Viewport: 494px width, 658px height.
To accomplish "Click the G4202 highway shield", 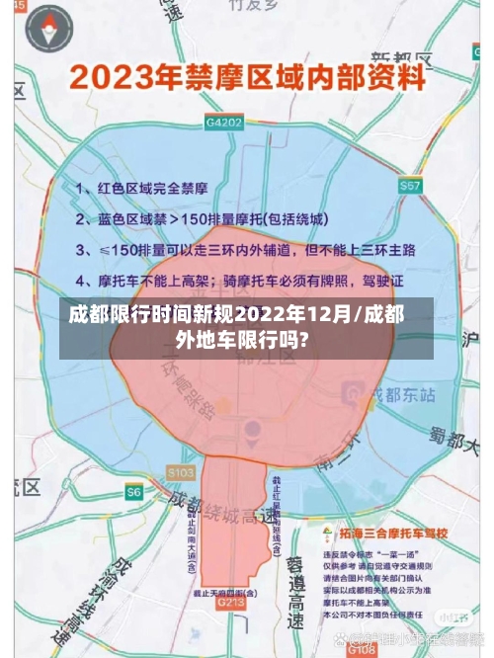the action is tap(224, 123).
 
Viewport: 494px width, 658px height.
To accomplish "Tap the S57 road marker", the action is tap(409, 186).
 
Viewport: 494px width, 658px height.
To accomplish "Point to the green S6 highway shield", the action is tap(134, 491).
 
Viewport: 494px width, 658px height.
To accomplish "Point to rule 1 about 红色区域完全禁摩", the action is tap(142, 187).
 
